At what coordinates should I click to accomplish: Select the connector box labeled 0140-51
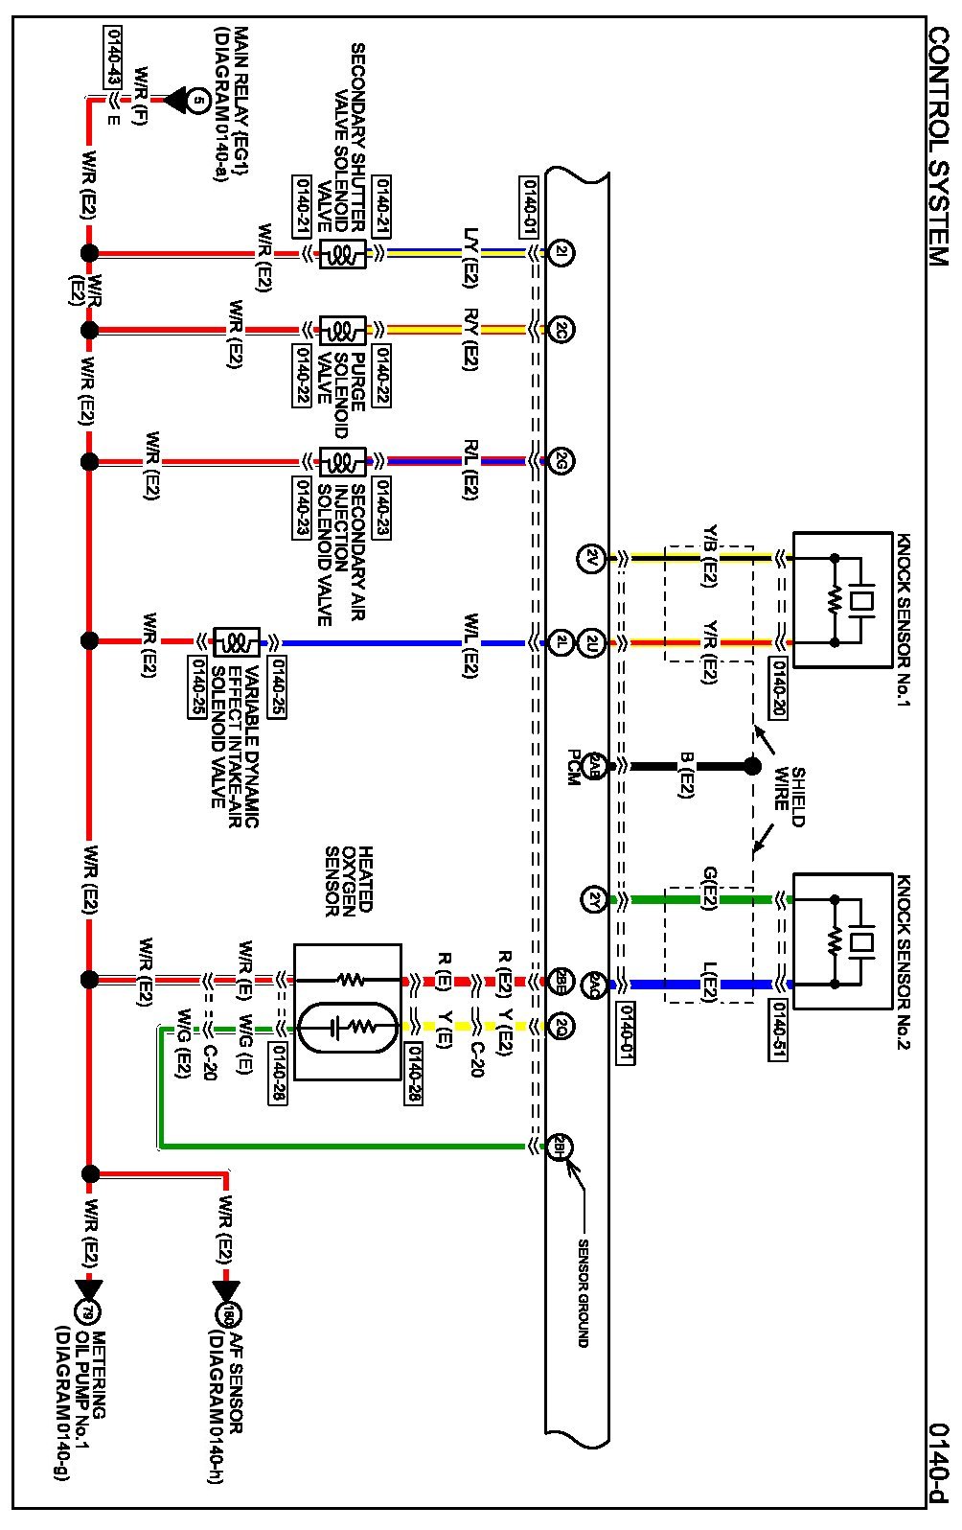pyautogui.click(x=780, y=1032)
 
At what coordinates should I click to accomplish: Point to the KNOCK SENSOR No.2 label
pyautogui.click(x=903, y=962)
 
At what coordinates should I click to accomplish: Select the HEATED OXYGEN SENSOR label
pyautogui.click(x=349, y=882)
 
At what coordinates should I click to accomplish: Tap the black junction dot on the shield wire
pyautogui.click(x=752, y=766)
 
